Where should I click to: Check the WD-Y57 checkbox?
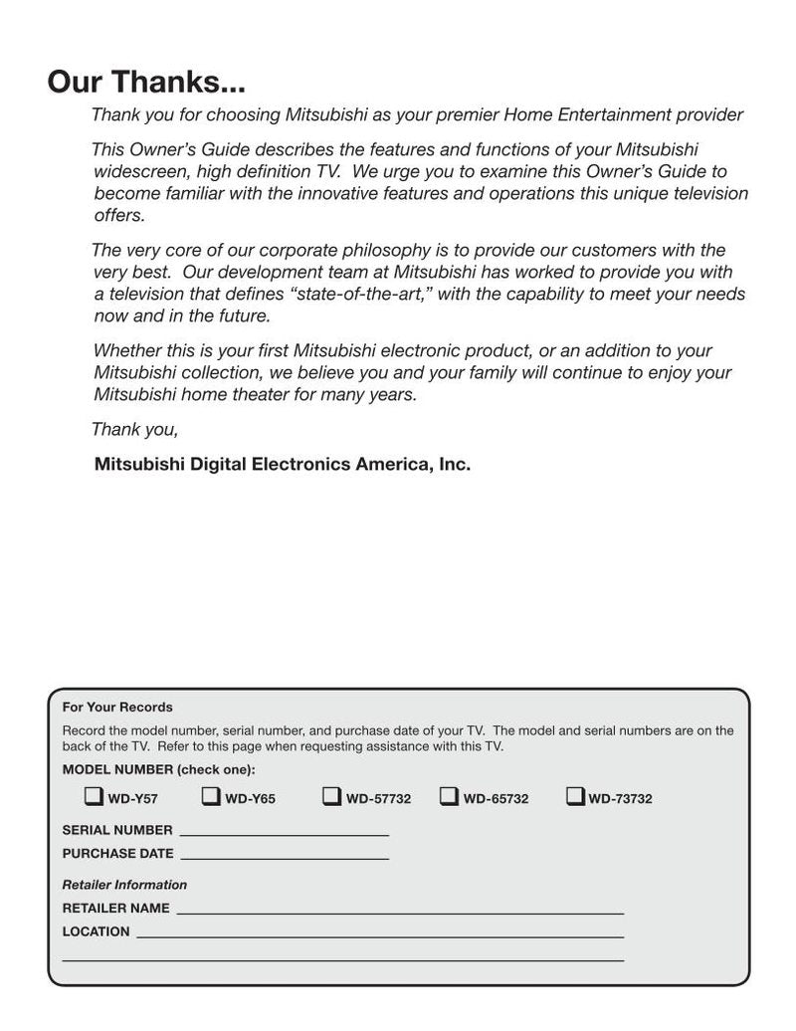tap(94, 796)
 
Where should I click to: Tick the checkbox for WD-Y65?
tap(211, 796)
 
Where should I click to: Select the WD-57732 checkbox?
tap(331, 796)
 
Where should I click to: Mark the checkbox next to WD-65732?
tap(449, 796)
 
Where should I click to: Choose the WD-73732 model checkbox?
tap(575, 796)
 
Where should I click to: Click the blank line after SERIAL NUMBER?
tap(284, 832)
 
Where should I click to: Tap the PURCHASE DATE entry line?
tap(285, 855)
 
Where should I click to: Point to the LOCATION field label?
tap(96, 931)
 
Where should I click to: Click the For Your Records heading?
tap(117, 708)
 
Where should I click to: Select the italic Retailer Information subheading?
tap(124, 885)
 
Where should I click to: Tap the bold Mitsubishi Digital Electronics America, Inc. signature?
tap(282, 464)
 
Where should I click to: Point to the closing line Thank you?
tap(134, 430)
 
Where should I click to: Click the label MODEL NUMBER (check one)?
tap(158, 769)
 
